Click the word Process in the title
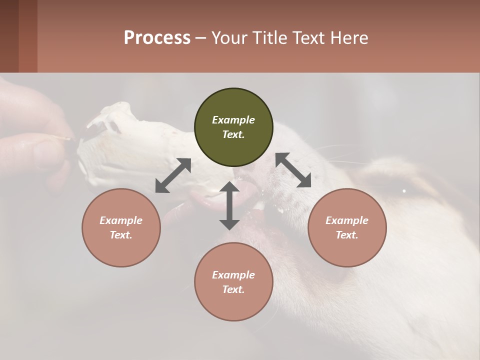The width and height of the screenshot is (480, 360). (x=157, y=38)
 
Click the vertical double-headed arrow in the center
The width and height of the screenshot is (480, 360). (x=229, y=205)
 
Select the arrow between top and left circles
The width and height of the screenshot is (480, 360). (x=173, y=175)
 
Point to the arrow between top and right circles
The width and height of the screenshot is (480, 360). (x=293, y=170)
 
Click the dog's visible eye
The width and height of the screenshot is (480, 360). (x=404, y=190)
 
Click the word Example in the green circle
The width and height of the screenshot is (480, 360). (x=233, y=120)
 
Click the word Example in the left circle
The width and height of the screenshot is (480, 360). (x=121, y=220)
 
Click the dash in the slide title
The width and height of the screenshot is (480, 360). (x=200, y=38)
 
